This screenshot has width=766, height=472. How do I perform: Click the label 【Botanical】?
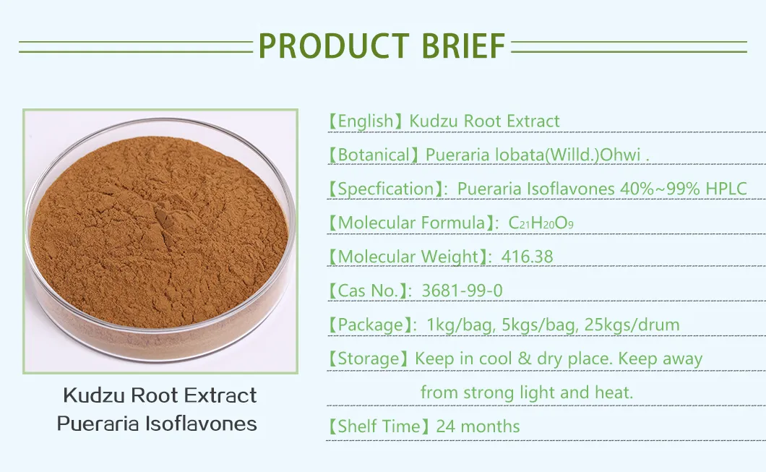tap(374, 155)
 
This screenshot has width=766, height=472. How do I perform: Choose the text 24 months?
tap(478, 426)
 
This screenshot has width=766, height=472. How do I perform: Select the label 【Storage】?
tap(369, 359)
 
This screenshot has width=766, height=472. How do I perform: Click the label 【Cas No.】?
tap(367, 291)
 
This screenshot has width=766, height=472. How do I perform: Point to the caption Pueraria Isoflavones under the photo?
tap(157, 424)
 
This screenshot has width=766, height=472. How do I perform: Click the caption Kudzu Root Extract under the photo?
tap(160, 395)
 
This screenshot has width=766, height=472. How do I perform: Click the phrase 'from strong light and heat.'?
tap(526, 392)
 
